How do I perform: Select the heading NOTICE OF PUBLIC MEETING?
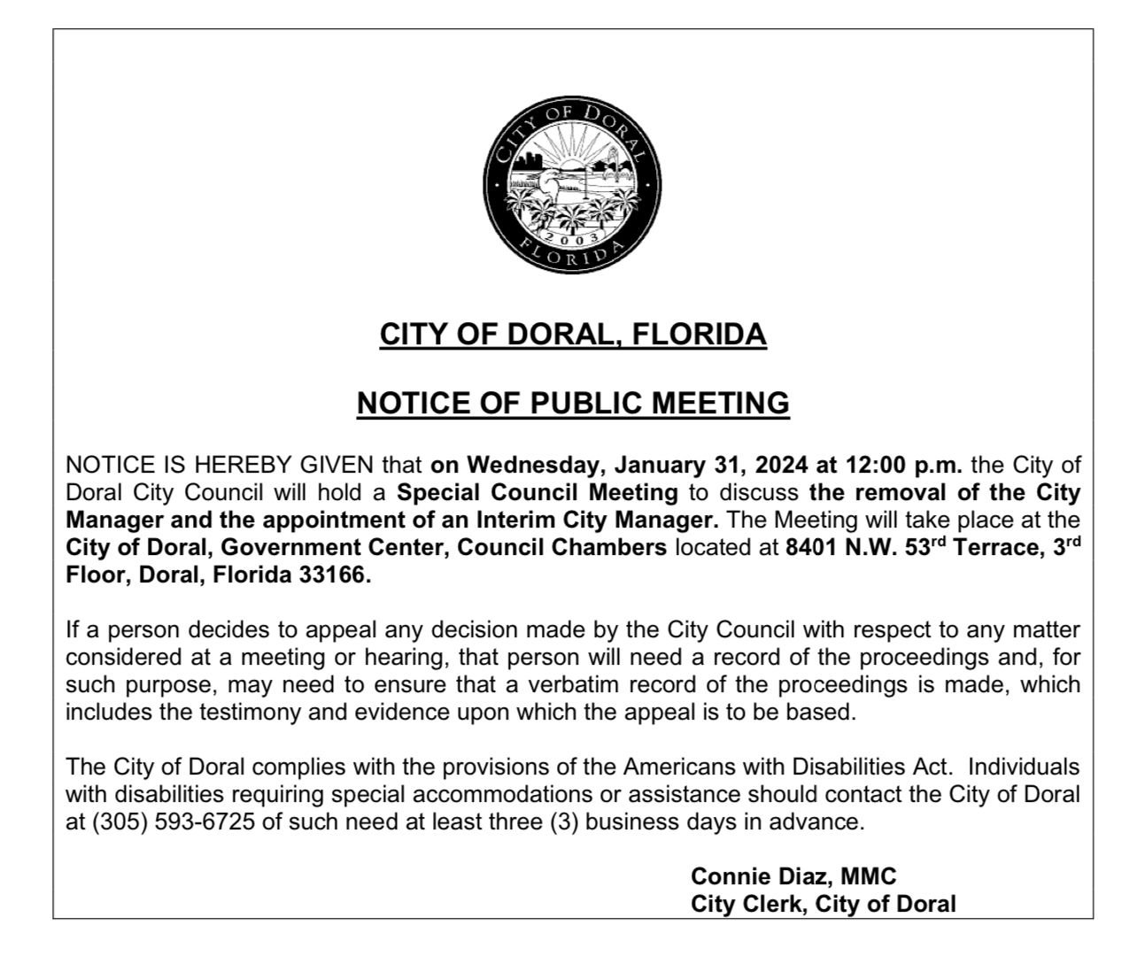tap(573, 404)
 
